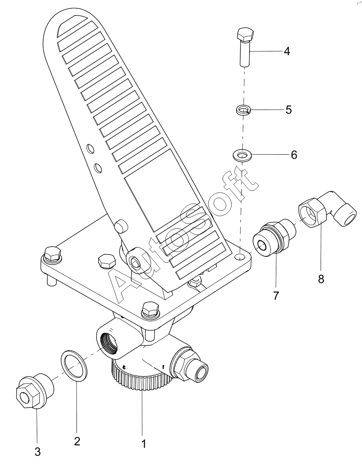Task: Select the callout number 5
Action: (x=288, y=110)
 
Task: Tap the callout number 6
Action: (x=294, y=155)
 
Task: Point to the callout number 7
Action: (x=276, y=296)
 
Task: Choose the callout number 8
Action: (x=321, y=279)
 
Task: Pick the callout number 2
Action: (x=77, y=442)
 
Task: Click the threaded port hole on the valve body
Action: (x=109, y=338)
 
